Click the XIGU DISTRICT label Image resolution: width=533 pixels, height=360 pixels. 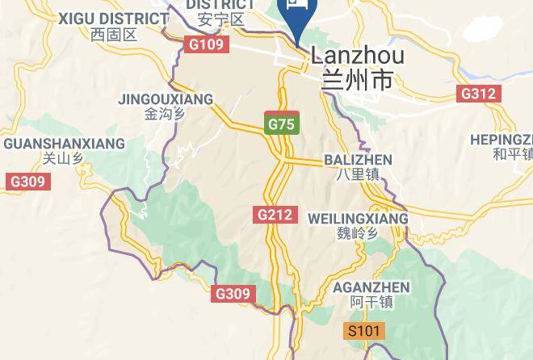point(111,18)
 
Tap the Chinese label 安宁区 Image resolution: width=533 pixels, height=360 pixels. point(220,19)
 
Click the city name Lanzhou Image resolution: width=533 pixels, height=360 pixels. point(357,57)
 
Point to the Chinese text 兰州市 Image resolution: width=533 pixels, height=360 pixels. point(357,81)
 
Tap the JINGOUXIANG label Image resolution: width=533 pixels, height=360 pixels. point(166,99)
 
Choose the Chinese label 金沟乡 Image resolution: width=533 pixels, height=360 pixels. point(165,115)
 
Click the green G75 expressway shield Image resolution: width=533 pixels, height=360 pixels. point(282,123)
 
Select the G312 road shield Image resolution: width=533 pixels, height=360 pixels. point(478,94)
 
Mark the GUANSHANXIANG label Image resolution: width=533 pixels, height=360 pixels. point(65,144)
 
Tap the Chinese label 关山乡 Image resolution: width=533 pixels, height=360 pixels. point(63,159)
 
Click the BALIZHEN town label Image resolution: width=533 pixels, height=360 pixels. point(358,160)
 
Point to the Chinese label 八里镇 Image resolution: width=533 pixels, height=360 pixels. point(358,174)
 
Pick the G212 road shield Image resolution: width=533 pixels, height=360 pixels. point(275,215)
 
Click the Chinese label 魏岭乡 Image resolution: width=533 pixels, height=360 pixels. point(358,234)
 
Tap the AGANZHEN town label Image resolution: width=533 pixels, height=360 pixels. point(371,287)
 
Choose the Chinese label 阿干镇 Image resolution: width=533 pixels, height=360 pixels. point(371,303)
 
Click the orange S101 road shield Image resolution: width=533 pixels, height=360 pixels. point(364,331)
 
